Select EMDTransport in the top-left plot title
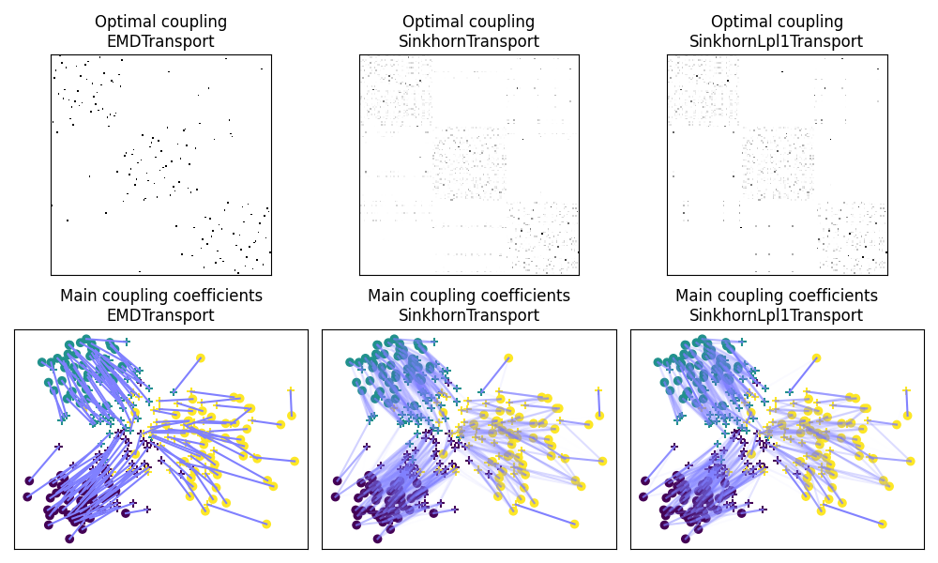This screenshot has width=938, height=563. click(161, 41)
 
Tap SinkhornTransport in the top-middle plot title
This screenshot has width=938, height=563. click(469, 41)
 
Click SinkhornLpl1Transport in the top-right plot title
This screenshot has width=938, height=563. click(777, 41)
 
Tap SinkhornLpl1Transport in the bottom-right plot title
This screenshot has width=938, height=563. click(777, 315)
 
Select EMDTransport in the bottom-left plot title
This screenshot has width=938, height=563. click(161, 315)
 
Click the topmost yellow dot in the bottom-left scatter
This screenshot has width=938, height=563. click(201, 358)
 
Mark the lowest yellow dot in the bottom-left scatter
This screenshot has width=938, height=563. click(266, 524)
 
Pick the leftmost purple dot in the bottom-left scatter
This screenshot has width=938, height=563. click(29, 480)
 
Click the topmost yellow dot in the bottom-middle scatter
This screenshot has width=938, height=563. click(508, 358)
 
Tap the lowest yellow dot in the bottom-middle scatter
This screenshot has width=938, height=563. click(574, 524)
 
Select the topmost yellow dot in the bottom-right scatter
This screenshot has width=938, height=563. click(816, 358)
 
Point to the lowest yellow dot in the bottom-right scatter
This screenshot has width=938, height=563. click(882, 524)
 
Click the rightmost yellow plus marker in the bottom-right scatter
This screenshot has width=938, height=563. click(906, 389)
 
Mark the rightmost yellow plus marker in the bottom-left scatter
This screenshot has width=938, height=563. click(291, 389)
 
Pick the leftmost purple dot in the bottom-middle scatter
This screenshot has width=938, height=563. click(337, 480)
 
